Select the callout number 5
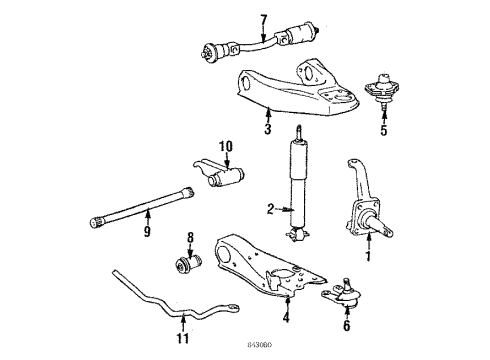pyautogui.click(x=382, y=128)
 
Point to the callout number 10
pyautogui.click(x=225, y=147)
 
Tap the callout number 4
pyautogui.click(x=286, y=319)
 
